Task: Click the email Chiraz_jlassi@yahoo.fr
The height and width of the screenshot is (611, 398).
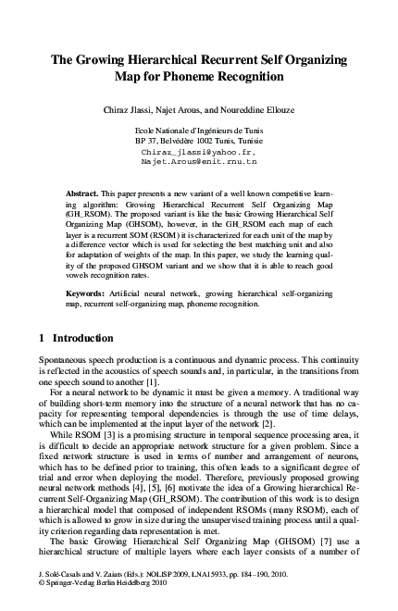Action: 198,151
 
